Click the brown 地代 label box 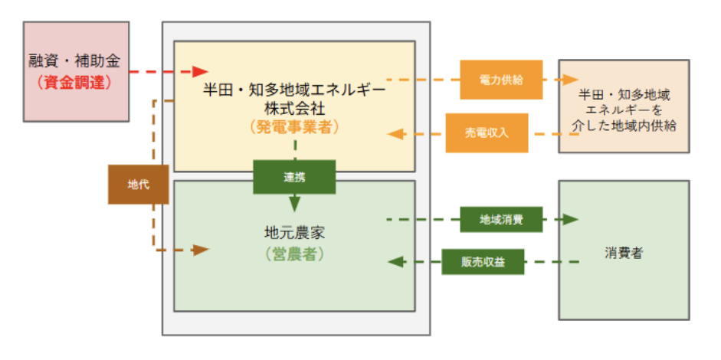138,185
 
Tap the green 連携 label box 294,177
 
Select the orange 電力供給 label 501,80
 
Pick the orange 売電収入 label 487,133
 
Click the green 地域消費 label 501,220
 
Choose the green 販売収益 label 483,263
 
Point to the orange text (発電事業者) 294,127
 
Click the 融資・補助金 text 74,60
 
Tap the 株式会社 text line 294,106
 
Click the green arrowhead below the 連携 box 294,203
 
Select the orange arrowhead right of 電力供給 569,80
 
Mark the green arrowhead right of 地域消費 569,220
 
